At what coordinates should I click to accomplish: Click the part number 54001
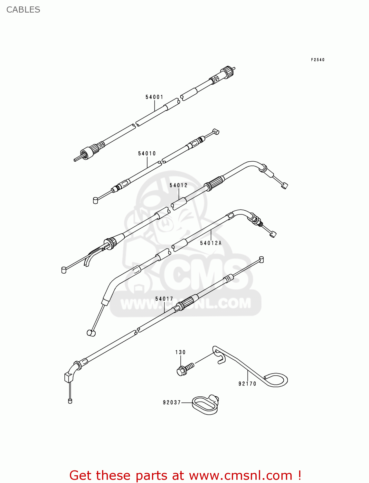pos(154,97)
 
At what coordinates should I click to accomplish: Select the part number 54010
pos(147,154)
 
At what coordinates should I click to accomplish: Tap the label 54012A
pos(211,243)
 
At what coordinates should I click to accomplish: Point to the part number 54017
pos(164,299)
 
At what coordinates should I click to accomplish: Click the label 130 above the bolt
pos(180,352)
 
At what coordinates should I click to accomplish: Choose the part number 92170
pos(247,384)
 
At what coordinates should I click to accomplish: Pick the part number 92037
pos(172,402)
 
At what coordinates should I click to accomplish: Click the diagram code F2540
pos(317,60)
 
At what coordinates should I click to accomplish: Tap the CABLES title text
pos(23,10)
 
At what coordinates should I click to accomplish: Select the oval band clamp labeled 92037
pos(205,405)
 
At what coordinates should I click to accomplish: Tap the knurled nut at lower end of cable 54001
pos(88,152)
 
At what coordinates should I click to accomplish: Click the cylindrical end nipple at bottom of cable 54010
pos(95,201)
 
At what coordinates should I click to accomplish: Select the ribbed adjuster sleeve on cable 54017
pos(186,303)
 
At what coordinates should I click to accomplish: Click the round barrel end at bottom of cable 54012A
pos(91,333)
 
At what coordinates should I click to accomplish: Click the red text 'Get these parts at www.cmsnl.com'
pos(185,475)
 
